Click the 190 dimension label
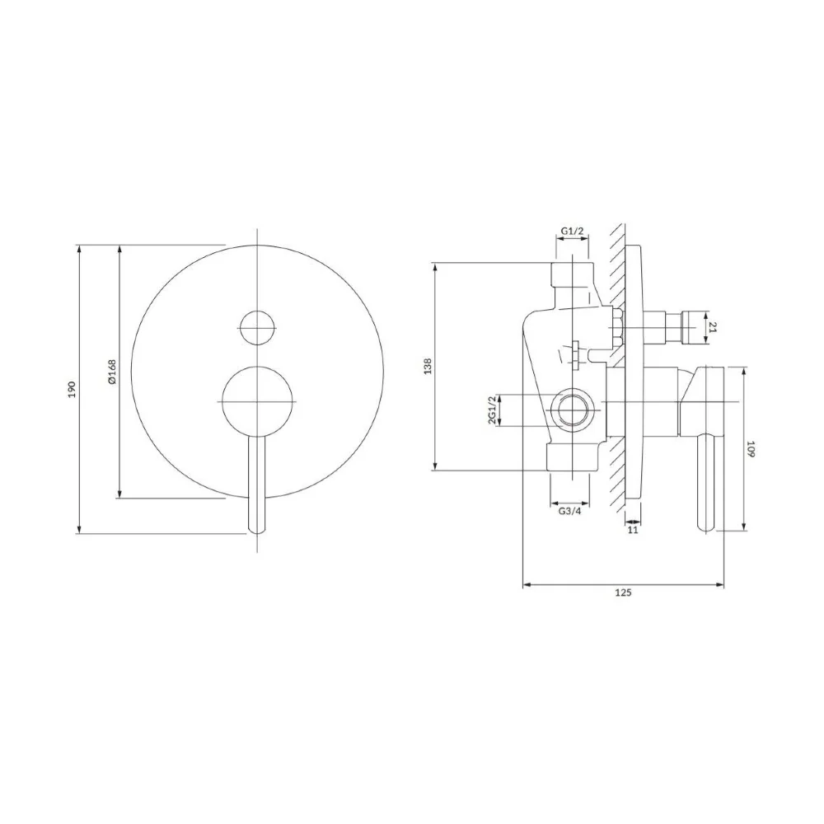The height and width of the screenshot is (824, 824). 72,389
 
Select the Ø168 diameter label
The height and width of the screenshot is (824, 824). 112,372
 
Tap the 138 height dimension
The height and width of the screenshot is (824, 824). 427,366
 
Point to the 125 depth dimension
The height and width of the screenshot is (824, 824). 623,592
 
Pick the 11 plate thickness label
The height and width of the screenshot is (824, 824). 633,530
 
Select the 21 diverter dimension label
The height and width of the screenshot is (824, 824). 713,328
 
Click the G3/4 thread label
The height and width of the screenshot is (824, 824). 569,511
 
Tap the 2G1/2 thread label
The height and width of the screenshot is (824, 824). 492,410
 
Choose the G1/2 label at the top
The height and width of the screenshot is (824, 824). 573,231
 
